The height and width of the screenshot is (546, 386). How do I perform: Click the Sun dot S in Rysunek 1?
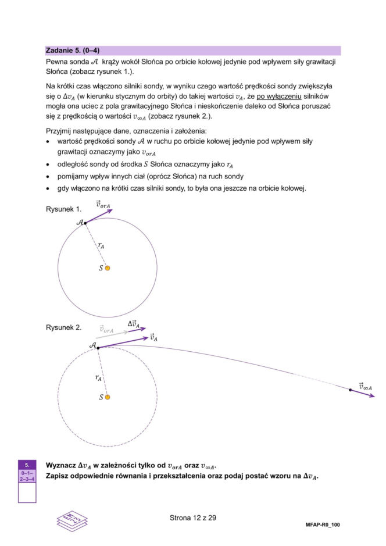point(108,268)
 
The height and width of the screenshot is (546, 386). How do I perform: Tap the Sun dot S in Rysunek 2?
point(108,397)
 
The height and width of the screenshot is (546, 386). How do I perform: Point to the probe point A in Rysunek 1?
point(85,222)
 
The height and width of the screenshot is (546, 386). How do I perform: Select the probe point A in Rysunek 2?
point(98,348)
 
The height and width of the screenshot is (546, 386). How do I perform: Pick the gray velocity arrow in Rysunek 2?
point(112,334)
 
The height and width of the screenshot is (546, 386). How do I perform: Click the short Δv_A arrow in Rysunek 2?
point(137,330)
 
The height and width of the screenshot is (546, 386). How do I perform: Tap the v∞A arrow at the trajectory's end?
point(362,393)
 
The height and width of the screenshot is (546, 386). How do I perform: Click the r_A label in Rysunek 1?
point(101,246)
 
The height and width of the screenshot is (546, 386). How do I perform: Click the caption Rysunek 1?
point(63,209)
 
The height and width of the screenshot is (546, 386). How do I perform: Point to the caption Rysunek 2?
point(63,328)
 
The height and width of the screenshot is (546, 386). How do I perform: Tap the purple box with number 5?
point(27,465)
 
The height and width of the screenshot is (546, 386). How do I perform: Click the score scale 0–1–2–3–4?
point(27,476)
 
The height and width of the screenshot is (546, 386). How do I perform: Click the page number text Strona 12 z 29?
point(193,518)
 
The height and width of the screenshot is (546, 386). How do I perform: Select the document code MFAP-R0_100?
point(323,524)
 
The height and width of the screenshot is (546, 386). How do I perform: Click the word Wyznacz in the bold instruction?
point(60,466)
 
